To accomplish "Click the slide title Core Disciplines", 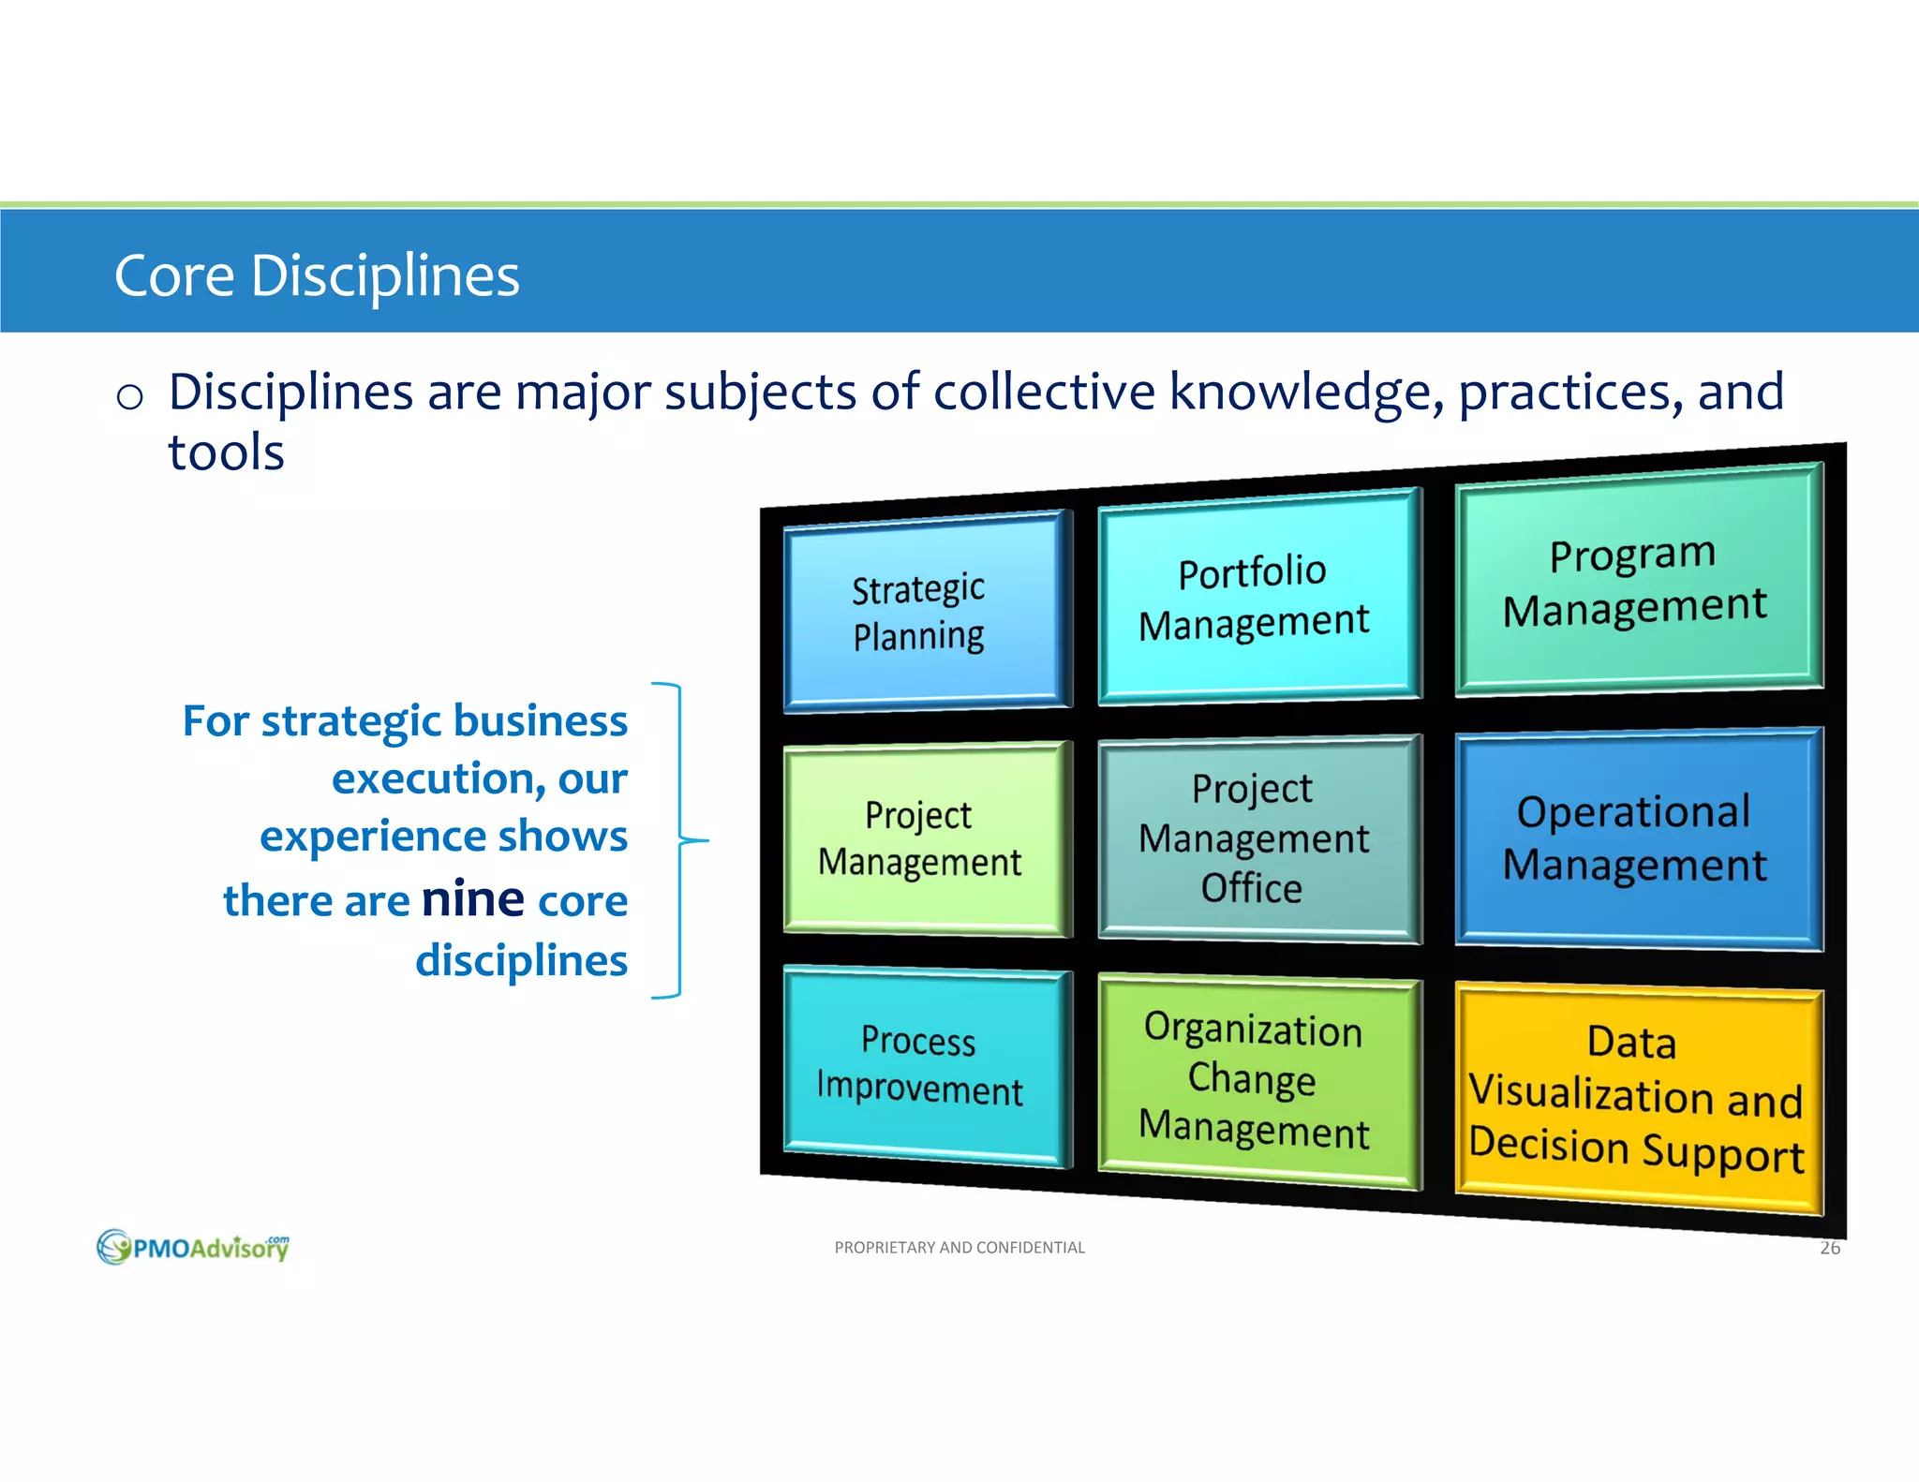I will (x=317, y=275).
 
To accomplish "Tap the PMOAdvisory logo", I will (x=193, y=1247).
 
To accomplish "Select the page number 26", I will (x=1829, y=1248).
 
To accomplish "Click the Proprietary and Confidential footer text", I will (x=959, y=1248).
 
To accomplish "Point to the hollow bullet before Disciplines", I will (x=129, y=397).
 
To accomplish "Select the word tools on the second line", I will (x=226, y=452).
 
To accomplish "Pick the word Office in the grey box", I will (x=1252, y=888).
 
